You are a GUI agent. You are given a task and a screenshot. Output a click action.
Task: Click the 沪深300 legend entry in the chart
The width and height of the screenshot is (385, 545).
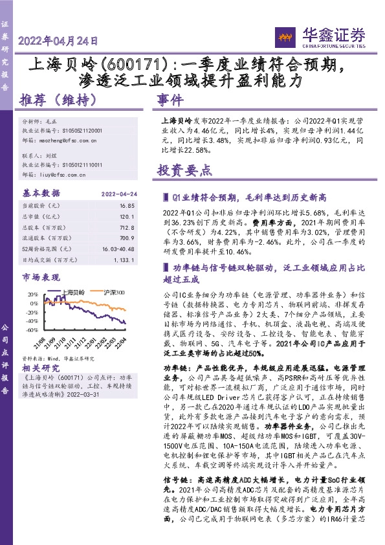coord(114,293)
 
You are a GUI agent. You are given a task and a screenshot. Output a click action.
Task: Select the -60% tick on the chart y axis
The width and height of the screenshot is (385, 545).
coord(31,329)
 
